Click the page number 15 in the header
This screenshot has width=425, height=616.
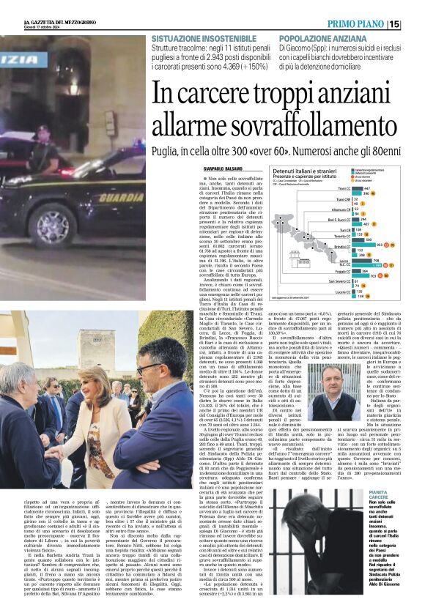pos(414,24)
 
